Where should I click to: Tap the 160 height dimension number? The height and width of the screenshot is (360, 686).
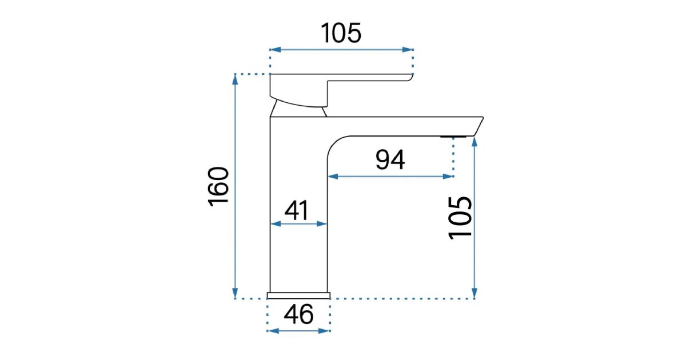coord(218,187)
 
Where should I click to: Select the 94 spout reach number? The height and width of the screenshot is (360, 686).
coord(390,159)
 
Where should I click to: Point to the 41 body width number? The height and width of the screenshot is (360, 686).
coord(297,211)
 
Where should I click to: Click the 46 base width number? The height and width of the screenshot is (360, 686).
coord(298,314)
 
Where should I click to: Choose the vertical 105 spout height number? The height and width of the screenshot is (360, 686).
coord(460,218)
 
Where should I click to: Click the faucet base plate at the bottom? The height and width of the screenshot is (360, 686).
coord(298,295)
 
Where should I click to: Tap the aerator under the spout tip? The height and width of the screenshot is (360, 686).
coord(453,137)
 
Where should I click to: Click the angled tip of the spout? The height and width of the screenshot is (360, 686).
coord(478,126)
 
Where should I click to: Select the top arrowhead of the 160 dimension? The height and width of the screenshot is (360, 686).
coord(235,79)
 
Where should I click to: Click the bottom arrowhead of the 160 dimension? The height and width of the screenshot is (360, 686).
coord(235,293)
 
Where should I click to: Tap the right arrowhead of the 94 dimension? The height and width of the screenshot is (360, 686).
coord(448,177)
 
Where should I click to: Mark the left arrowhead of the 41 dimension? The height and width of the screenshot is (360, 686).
coord(276,224)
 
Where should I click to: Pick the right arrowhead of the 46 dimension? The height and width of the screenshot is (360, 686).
coord(324,331)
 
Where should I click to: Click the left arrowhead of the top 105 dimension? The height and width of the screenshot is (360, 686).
coord(276,50)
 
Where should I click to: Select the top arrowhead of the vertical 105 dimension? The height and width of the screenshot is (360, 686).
coord(474,142)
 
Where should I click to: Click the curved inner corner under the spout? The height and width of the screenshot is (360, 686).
coord(336,143)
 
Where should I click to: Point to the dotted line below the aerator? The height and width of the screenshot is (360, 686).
coord(453,157)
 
